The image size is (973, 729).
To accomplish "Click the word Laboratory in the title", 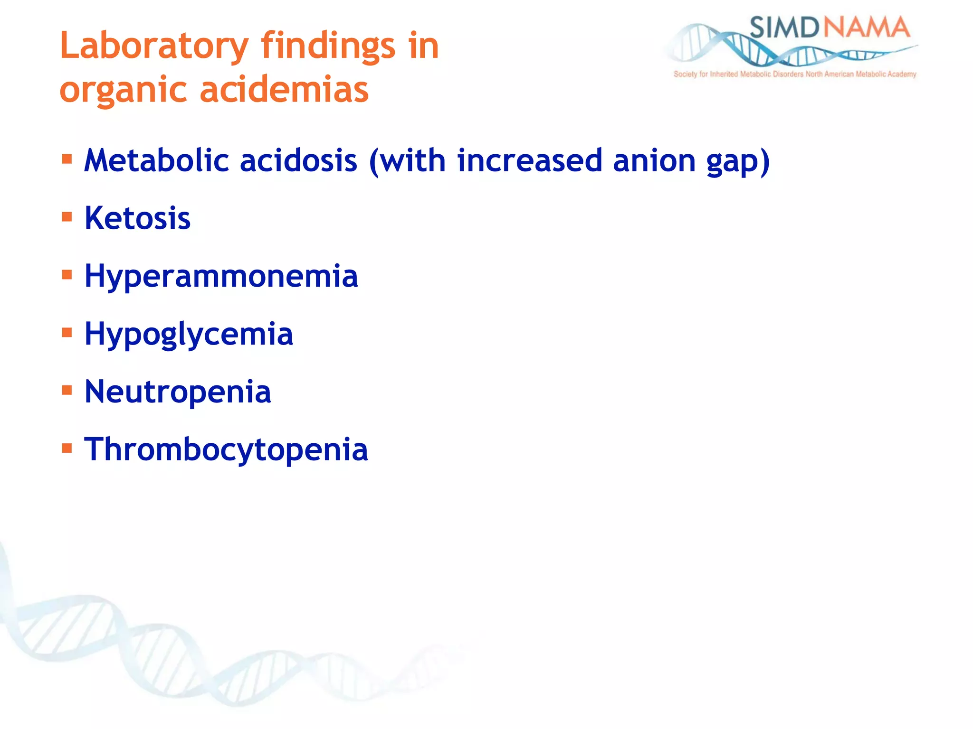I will pos(154,46).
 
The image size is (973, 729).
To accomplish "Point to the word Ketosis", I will pos(137,218).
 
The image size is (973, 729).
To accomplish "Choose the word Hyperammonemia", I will pos(221,276).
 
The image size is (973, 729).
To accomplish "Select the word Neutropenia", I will pos(178,392).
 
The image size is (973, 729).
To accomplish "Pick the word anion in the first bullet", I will pos(654,160).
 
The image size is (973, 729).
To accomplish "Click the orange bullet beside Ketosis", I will pos(67,217).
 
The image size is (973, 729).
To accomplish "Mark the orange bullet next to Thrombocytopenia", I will pos(67,448).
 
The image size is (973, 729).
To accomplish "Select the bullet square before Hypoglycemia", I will pos(67,333).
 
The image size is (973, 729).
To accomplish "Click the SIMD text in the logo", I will pos(783,28).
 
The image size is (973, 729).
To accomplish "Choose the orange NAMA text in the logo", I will pos(866,28).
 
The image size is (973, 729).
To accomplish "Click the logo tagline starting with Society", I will pos(794,74).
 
